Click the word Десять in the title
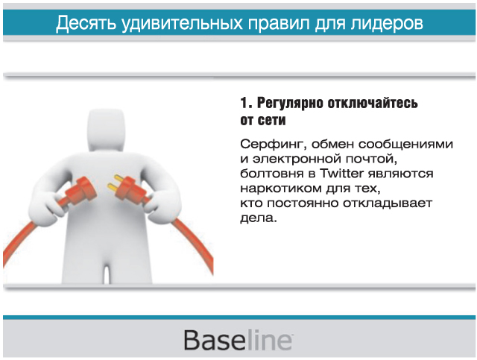click(86, 23)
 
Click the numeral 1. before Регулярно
click(246, 103)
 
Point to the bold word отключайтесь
click(373, 103)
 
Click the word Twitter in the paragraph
click(341, 174)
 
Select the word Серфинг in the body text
click(273, 145)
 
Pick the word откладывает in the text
click(388, 203)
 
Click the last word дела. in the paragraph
click(259, 218)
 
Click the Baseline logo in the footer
click(238, 340)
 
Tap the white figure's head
click(106, 130)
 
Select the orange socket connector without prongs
click(81, 190)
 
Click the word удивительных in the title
click(182, 23)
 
